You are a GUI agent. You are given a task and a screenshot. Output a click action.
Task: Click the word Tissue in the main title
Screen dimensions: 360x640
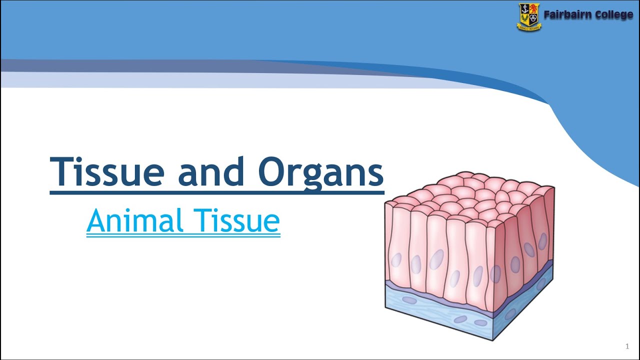click(x=107, y=172)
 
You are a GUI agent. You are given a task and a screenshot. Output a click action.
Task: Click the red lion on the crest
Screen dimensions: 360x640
click(x=534, y=9)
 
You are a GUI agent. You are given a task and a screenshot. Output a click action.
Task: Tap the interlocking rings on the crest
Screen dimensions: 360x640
click(x=534, y=19)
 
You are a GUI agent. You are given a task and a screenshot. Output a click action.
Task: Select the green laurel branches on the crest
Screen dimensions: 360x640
click(x=524, y=19)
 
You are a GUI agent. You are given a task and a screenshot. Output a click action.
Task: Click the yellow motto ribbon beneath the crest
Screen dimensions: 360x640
click(x=529, y=28)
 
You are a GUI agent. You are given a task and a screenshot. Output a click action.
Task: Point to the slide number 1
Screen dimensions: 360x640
click(x=627, y=346)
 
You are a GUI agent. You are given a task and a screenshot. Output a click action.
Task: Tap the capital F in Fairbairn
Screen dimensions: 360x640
click(x=547, y=15)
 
